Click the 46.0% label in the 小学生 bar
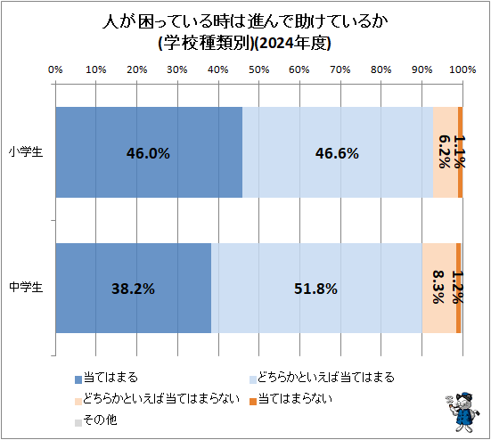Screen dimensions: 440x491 pyautogui.click(x=148, y=153)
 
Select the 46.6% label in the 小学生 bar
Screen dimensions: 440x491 pyautogui.click(x=337, y=153)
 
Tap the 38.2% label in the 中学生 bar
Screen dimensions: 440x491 pyautogui.click(x=134, y=289)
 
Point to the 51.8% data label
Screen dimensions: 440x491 pyautogui.click(x=317, y=289)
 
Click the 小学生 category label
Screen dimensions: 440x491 pyautogui.click(x=27, y=152)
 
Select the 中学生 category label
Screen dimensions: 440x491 pyautogui.click(x=27, y=288)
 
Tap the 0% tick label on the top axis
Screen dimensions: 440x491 pyautogui.click(x=55, y=69)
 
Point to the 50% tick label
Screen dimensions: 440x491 pyautogui.click(x=258, y=69)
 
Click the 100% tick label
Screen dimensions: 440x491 pyautogui.click(x=462, y=69)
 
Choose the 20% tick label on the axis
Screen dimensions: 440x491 pyautogui.click(x=136, y=69)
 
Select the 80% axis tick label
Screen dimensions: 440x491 pyautogui.click(x=381, y=69)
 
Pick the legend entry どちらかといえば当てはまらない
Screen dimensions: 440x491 pyautogui.click(x=155, y=398)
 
